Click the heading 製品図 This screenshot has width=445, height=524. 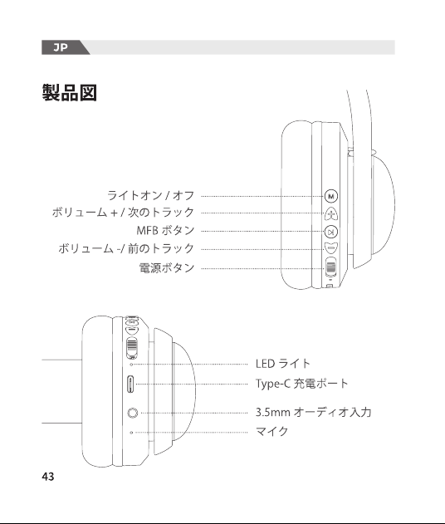(x=70, y=92)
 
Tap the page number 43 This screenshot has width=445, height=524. (x=48, y=476)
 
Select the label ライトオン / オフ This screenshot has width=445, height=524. (x=150, y=195)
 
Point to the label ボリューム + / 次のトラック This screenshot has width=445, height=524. (x=123, y=213)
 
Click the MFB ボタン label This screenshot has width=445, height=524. (x=165, y=230)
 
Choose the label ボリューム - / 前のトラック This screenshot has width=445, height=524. (x=126, y=248)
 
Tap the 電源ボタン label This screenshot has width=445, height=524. (x=167, y=267)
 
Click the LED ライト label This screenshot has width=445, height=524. (x=283, y=363)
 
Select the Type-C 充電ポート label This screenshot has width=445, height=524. (x=302, y=384)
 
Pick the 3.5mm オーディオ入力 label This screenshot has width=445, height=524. (x=313, y=412)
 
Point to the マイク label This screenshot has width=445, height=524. (x=271, y=431)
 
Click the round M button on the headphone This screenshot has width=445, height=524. (x=331, y=196)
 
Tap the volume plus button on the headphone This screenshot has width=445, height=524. (x=331, y=214)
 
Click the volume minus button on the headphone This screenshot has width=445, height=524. (x=331, y=248)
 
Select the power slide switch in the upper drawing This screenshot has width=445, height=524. (x=331, y=267)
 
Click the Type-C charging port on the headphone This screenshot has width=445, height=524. (x=130, y=384)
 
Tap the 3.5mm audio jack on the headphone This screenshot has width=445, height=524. (x=133, y=413)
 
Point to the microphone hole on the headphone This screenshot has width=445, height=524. (x=131, y=433)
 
